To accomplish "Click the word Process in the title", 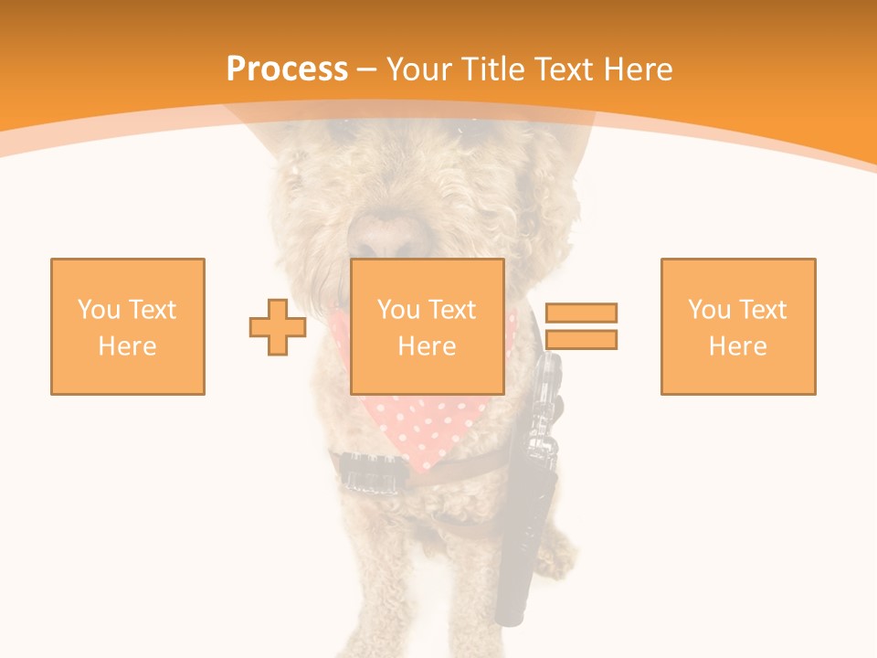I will point(287,69).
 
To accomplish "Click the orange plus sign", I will point(278,327).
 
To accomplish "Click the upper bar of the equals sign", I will point(581,313).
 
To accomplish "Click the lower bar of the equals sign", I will point(581,340).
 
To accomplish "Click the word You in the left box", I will point(99,310).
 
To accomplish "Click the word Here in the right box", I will point(738,346).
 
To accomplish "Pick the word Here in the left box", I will point(128,346).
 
